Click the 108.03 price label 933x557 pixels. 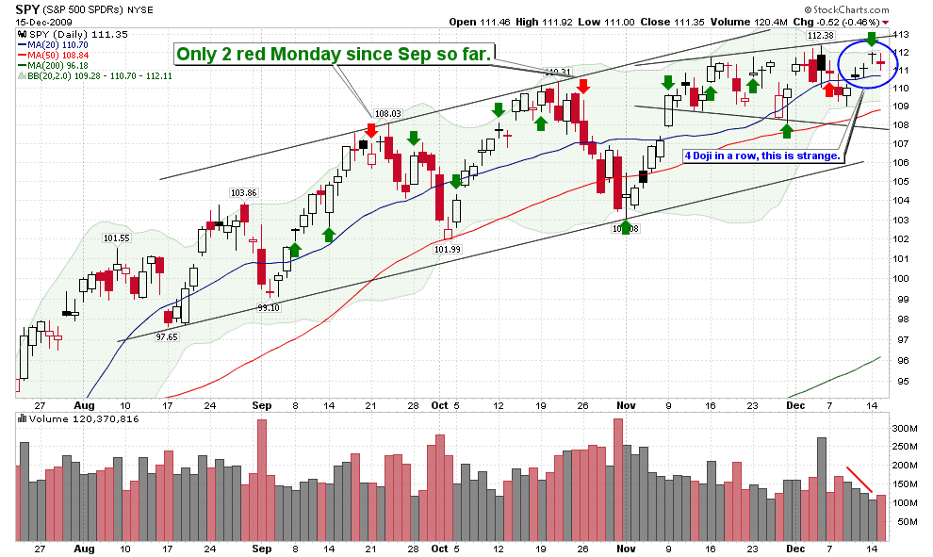click(x=387, y=113)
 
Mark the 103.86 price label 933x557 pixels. click(x=242, y=192)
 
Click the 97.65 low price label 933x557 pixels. click(x=167, y=336)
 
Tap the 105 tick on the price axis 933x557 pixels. click(x=902, y=181)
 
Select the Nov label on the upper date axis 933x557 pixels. click(x=626, y=405)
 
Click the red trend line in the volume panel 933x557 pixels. click(x=859, y=478)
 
